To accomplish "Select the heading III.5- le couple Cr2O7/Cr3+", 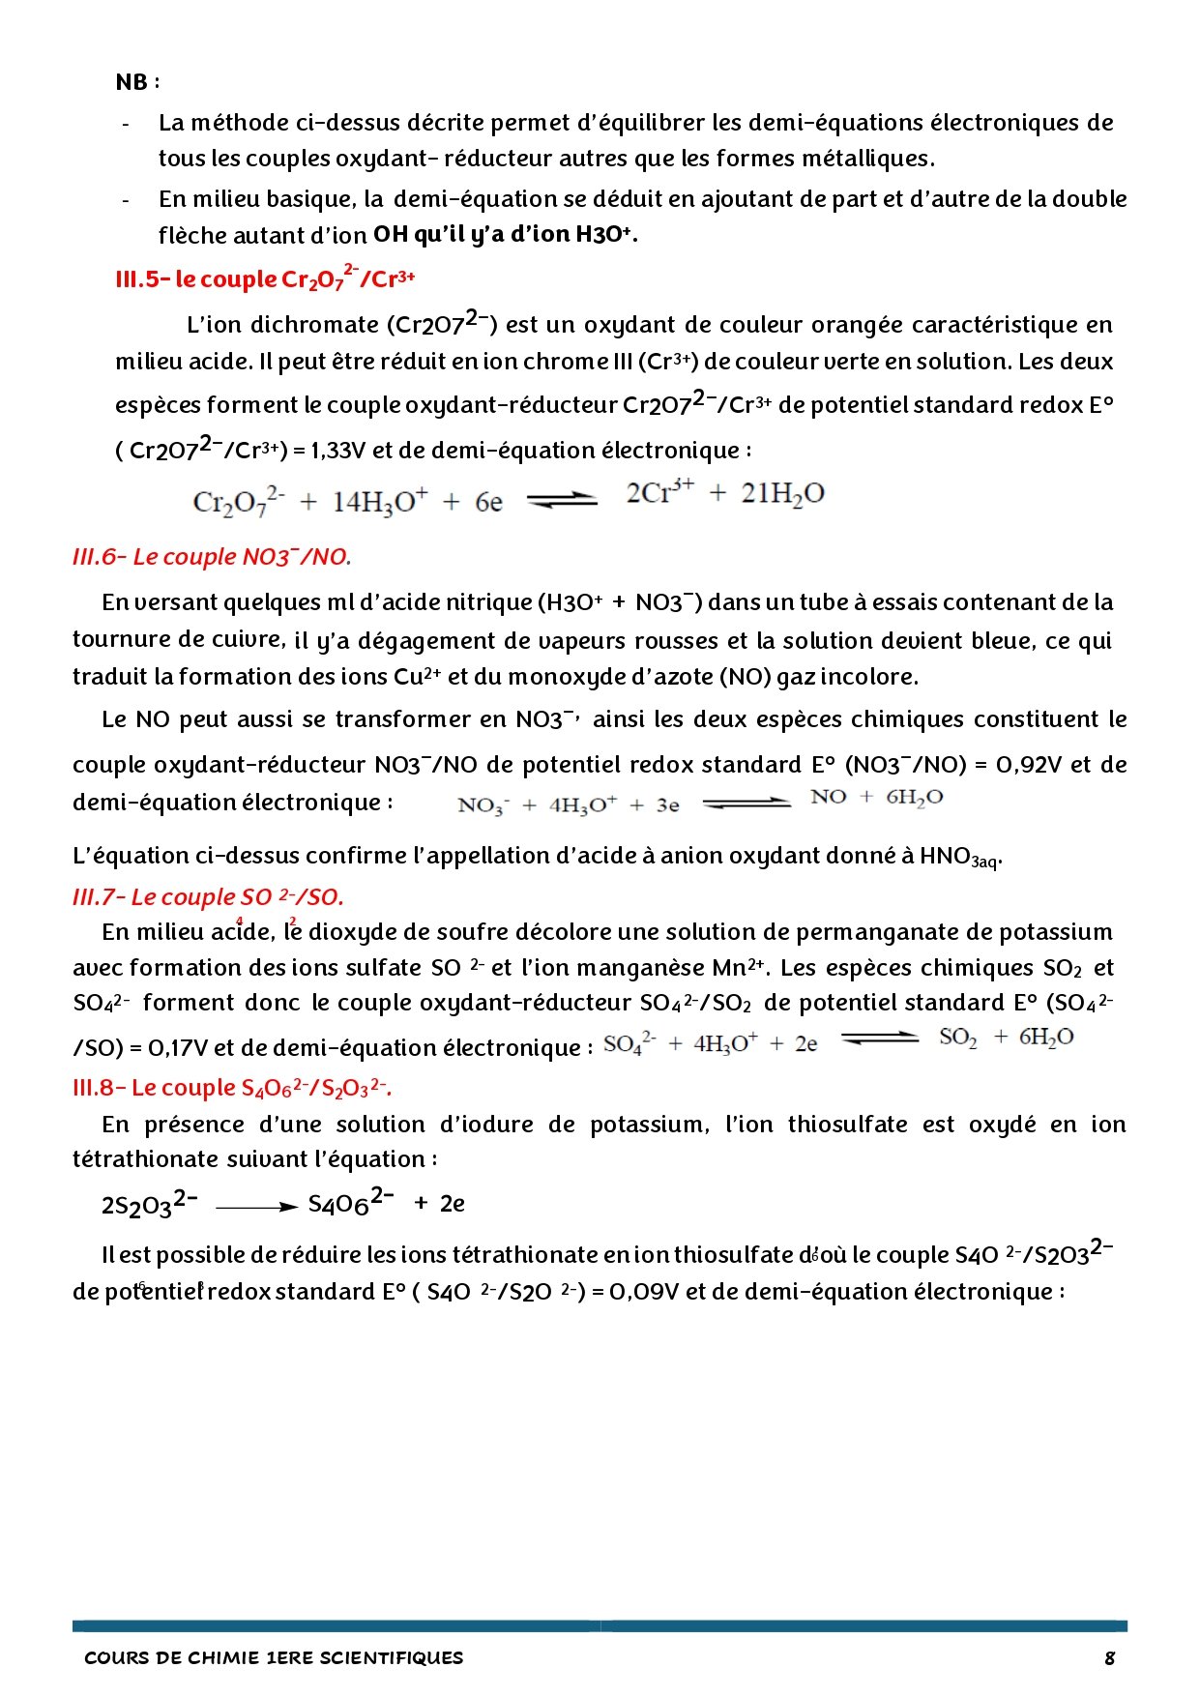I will pos(265,278).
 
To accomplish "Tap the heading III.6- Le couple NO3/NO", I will pos(212,557).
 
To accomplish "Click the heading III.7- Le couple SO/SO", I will pos(208,897).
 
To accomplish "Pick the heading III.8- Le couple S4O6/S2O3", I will pos(232,1088).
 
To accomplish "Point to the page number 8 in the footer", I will pos(1109,1657).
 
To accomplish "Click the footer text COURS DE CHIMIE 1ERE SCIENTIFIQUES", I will pos(274,1657).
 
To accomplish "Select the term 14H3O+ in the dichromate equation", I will pos(379,502).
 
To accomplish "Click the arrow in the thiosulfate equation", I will pos(256,1207).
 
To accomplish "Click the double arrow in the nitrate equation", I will pos(746,803).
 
